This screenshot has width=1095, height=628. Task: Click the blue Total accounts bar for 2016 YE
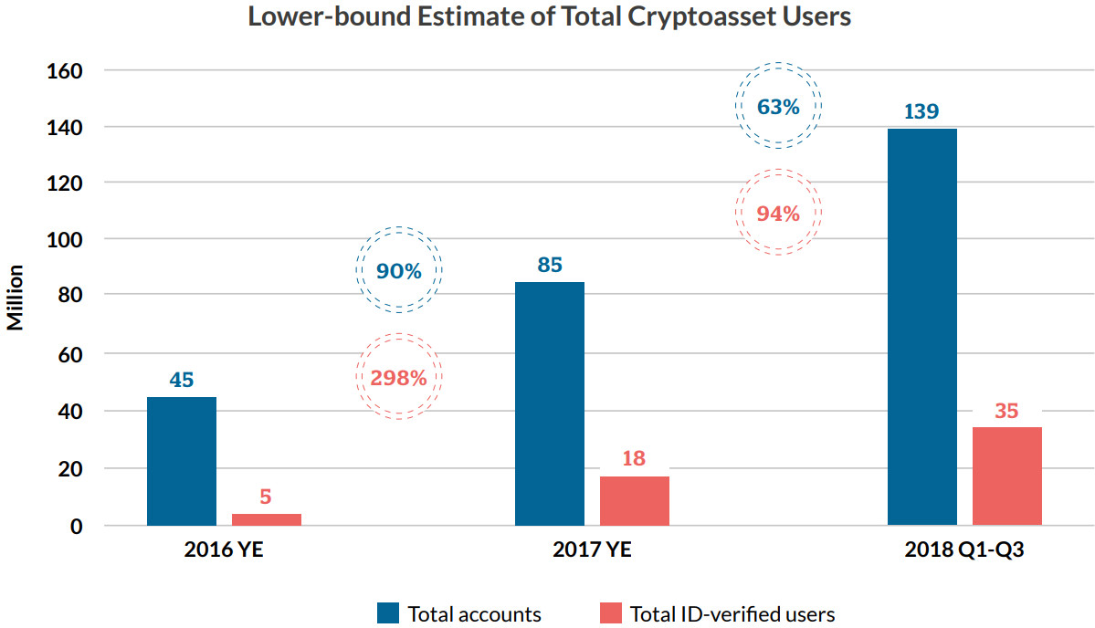click(182, 461)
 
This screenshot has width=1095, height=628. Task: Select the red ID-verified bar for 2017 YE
click(634, 500)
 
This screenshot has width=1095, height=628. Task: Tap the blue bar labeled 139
click(922, 327)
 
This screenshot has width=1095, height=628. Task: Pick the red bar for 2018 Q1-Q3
click(1006, 476)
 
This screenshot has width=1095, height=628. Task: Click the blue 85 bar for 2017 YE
click(550, 403)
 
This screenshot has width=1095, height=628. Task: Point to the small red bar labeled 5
click(266, 519)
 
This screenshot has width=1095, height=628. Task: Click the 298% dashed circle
click(398, 377)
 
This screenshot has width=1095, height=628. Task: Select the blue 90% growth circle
click(398, 271)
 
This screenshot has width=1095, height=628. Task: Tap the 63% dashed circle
click(778, 106)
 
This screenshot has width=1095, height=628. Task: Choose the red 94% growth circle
click(778, 214)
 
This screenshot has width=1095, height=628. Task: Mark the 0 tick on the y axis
click(76, 527)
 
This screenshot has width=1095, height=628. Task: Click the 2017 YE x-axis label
click(592, 551)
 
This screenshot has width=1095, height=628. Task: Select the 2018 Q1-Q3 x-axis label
click(964, 551)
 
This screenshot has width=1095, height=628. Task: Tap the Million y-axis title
click(16, 298)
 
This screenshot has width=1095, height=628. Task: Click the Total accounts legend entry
click(459, 613)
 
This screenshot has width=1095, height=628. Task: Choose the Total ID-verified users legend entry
click(717, 613)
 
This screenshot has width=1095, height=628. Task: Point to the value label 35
click(1006, 411)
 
